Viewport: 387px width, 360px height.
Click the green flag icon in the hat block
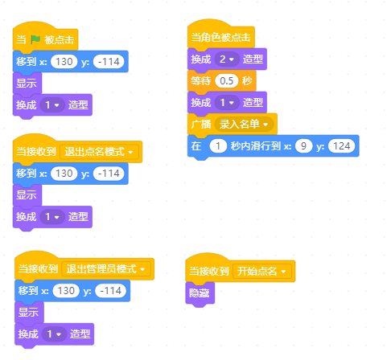coord(35,39)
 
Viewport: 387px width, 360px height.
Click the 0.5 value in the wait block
coord(227,81)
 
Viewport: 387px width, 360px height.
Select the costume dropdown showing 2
coord(227,59)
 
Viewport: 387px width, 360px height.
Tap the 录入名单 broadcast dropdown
coord(244,125)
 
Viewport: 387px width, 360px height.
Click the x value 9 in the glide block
coord(303,146)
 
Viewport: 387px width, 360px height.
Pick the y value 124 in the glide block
coord(341,146)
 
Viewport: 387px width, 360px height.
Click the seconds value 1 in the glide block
coord(218,146)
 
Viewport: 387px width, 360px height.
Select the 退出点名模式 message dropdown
coord(99,152)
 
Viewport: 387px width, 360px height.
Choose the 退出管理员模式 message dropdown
coord(106,269)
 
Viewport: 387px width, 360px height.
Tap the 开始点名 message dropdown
coord(261,272)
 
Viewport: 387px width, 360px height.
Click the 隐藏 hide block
coord(200,293)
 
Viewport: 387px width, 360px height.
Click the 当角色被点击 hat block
coord(220,37)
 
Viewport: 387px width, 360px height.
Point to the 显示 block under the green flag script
coord(27,83)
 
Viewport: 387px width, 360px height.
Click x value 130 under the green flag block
coord(64,62)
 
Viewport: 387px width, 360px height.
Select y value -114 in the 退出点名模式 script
coord(109,174)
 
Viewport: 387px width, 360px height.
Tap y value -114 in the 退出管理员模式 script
coord(111,291)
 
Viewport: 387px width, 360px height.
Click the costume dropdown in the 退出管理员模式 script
coord(54,334)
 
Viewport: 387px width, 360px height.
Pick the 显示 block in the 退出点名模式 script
coord(27,194)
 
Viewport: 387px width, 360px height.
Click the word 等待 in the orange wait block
coord(201,81)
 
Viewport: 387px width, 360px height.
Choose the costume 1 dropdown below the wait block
coord(227,103)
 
